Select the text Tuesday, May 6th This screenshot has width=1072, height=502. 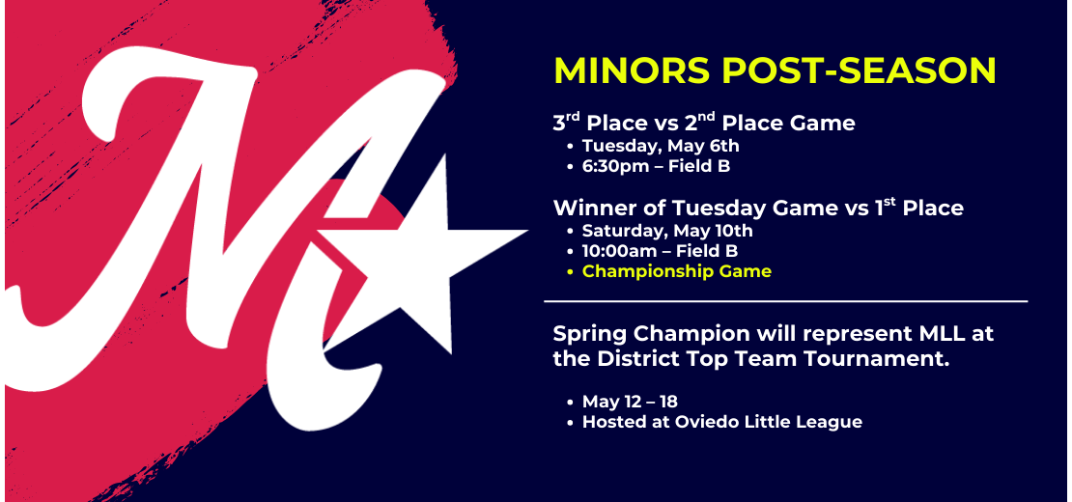(661, 146)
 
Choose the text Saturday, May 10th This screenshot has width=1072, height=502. (667, 231)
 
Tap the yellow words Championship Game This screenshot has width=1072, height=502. (677, 272)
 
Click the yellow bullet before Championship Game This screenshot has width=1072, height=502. (570, 272)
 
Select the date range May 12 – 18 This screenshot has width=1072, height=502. (630, 402)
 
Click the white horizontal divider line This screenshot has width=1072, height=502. (785, 300)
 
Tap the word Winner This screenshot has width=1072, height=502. (590, 208)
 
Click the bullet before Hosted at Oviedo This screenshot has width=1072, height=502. (570, 423)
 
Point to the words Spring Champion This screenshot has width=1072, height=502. (641, 335)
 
